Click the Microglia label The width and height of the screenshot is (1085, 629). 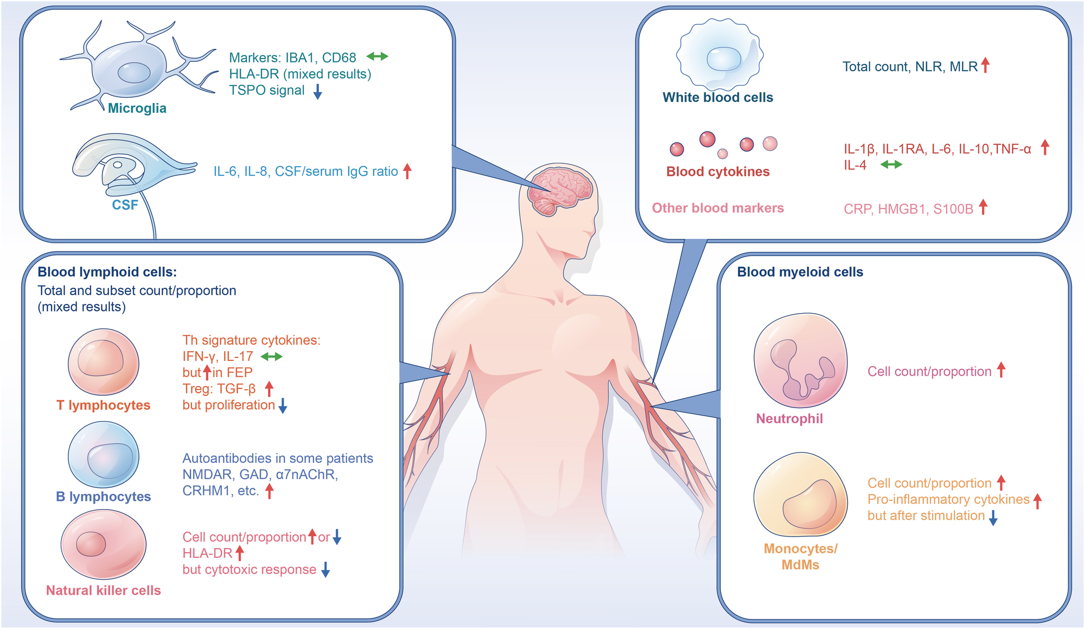[137, 108]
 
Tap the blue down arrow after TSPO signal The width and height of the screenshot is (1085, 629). [318, 91]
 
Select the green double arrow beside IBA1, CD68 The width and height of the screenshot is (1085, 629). [377, 56]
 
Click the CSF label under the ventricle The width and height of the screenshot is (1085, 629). [125, 205]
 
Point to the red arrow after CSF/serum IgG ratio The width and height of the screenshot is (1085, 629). [407, 171]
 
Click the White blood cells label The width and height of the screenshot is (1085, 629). [718, 97]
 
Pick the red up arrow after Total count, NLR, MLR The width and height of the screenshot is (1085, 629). [986, 65]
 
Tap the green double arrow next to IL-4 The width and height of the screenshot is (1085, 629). [891, 164]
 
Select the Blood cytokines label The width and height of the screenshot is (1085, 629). [718, 171]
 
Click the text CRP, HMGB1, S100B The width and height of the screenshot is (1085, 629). [909, 209]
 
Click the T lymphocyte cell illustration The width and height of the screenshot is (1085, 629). [103, 361]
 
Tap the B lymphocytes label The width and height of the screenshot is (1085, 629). [104, 497]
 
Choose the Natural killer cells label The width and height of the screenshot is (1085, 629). [103, 590]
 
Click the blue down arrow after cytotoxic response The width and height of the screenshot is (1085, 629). [325, 569]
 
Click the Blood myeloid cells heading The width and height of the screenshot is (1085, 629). [800, 272]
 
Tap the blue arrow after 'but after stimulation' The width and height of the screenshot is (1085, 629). [993, 517]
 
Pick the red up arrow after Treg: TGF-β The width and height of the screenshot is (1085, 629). [269, 389]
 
